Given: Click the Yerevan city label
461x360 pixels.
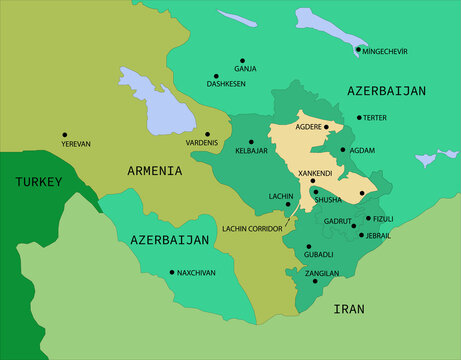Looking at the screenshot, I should pos(76,144).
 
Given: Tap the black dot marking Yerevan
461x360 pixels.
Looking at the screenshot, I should pos(65,135).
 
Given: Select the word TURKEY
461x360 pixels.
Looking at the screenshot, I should pos(38,182).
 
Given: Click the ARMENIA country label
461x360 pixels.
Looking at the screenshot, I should pos(154,171).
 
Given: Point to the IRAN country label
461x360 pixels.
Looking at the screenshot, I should pos(349,309).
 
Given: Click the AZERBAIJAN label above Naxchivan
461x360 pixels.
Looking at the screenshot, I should pos(169,240).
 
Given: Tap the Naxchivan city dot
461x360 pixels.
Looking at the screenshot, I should pos(172,272).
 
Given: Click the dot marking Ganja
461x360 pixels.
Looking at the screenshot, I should pos(242,60).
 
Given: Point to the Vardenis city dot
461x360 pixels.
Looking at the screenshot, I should pos(208,134).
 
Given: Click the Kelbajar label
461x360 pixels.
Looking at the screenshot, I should pos(251,151).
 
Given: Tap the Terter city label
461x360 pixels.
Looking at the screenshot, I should pos(375,117).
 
